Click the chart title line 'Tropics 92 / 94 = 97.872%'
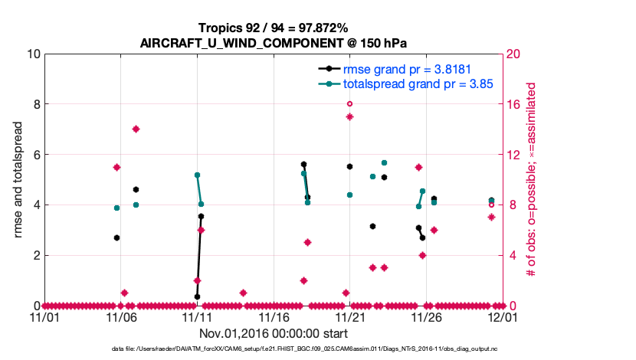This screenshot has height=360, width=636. click(272, 28)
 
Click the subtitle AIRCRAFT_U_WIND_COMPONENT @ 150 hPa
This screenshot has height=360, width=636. click(272, 43)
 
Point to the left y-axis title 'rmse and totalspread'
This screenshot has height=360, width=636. click(19, 179)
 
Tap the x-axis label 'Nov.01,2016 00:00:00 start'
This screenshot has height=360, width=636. click(273, 333)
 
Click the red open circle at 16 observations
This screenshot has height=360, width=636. click(349, 103)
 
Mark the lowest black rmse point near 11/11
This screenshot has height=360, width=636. click(197, 296)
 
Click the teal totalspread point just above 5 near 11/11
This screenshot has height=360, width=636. click(197, 175)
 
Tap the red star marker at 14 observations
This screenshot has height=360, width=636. click(136, 129)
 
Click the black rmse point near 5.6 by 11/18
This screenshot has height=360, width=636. click(303, 164)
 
